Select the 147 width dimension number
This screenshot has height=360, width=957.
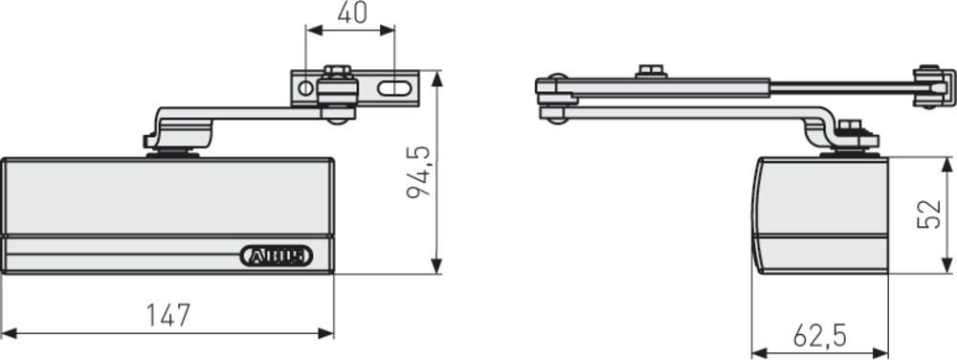[168, 315]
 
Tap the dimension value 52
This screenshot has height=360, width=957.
[928, 214]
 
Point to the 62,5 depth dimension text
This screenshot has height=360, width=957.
[820, 335]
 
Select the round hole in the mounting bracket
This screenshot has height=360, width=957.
[304, 88]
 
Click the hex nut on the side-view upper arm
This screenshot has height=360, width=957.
[651, 72]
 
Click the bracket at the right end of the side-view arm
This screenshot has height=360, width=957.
[930, 87]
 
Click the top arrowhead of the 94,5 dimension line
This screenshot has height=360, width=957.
[437, 76]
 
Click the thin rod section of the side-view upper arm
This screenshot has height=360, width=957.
[842, 87]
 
